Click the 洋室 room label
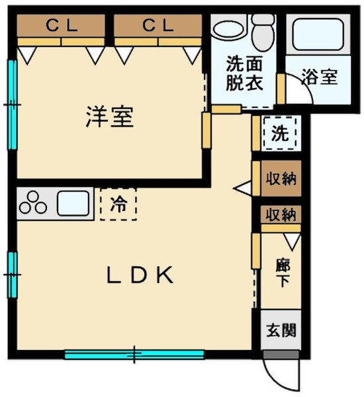click(109, 117)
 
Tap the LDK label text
click(140, 275)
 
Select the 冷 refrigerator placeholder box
click(118, 204)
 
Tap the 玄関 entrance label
click(281, 329)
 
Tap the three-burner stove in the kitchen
click(34, 203)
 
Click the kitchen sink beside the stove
click(73, 203)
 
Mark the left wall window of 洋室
click(11, 105)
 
